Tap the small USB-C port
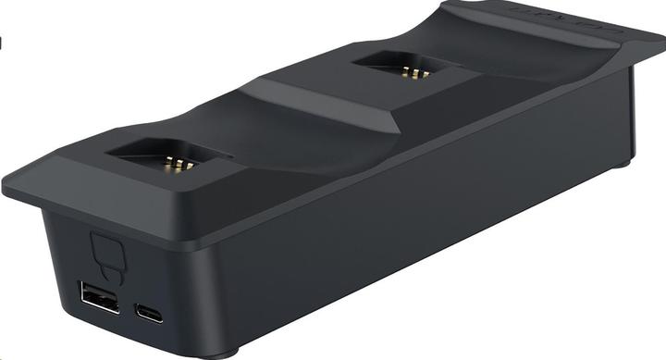[x=147, y=312]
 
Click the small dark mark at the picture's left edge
[x=2, y=42]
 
